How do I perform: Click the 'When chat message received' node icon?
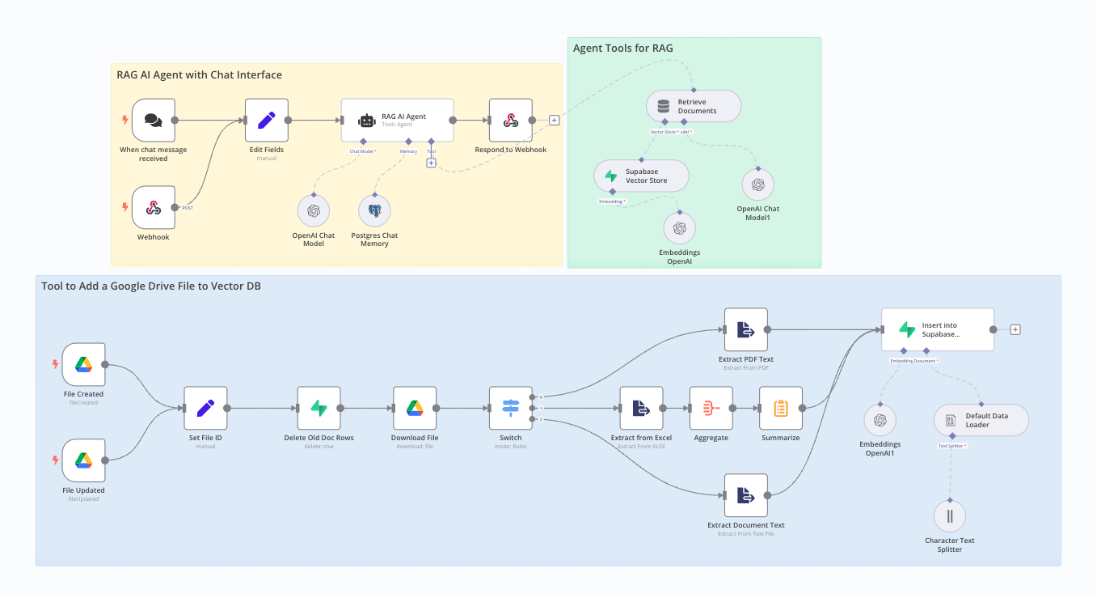154,121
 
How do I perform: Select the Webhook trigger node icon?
154,208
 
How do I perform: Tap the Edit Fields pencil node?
267,121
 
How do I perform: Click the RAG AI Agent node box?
397,121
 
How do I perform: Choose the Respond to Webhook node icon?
511,121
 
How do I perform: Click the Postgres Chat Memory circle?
374,210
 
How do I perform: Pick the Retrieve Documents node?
693,106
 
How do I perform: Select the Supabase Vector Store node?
641,176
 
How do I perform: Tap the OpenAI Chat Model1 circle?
757,184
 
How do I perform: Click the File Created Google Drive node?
84,364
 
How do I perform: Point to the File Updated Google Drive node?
84,460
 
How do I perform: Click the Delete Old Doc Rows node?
319,408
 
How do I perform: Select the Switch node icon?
511,408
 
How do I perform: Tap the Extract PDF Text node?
745,329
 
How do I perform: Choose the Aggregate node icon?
711,408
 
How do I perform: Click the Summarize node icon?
780,408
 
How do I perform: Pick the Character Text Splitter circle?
950,516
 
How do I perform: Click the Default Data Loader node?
981,420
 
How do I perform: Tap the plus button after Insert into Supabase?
1015,329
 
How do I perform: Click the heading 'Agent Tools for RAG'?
622,49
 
